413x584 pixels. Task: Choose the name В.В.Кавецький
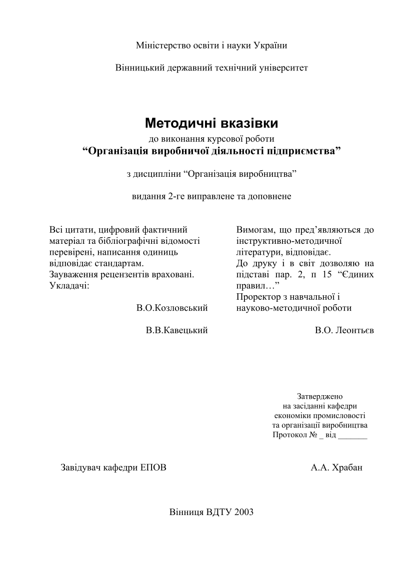176,331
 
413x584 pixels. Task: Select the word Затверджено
320,396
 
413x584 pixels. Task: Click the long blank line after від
352,436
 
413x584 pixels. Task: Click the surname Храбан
347,468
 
